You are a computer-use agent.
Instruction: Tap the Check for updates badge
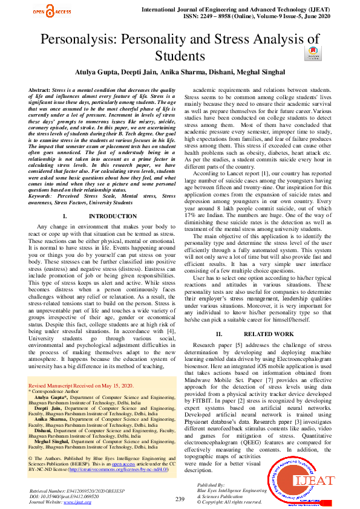coord(313,54)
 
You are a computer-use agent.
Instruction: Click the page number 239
coord(180,498)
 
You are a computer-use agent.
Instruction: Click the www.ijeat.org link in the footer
coord(74,501)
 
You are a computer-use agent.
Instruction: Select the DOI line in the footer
coord(64,496)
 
